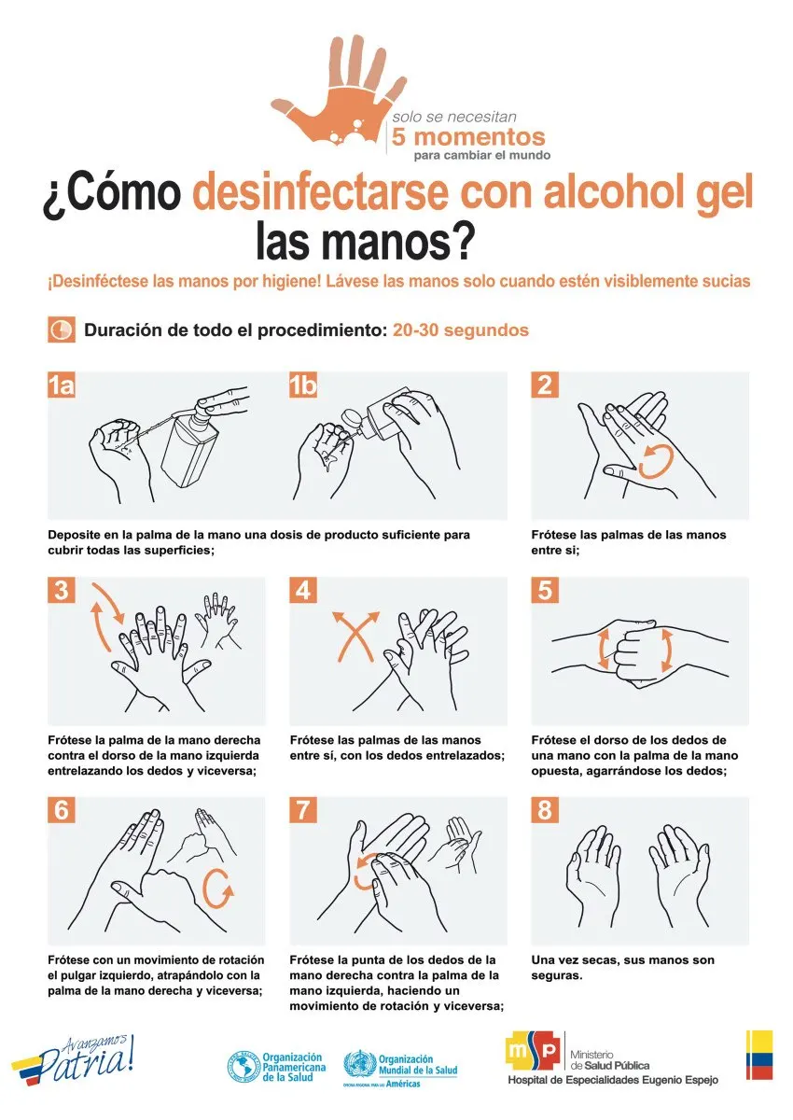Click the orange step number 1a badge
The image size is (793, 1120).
coord(62,385)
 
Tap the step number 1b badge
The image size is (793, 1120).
coord(303,385)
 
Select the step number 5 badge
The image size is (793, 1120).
coord(545,590)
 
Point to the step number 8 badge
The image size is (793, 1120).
coord(545,809)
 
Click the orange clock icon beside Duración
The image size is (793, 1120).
coord(62,329)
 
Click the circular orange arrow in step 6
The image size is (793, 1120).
coord(217,889)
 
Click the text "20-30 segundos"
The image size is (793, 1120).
coord(460,330)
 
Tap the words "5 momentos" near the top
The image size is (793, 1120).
coord(467,136)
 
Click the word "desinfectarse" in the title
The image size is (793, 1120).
coord(320,192)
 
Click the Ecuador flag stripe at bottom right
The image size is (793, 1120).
coord(759,1055)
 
